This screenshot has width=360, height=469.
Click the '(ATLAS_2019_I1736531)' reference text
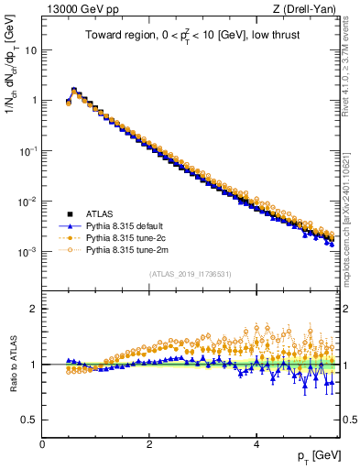click(x=190, y=274)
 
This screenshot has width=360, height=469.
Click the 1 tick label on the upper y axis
click(x=35, y=100)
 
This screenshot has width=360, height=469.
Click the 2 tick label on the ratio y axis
click(x=35, y=309)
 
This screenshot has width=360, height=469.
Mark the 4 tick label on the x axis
click(x=256, y=444)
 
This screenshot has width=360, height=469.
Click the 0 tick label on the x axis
click(x=42, y=444)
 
